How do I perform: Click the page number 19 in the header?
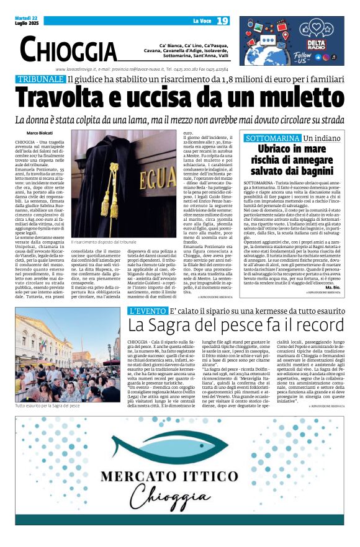(x=223, y=20)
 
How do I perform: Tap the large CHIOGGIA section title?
(x=68, y=49)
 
